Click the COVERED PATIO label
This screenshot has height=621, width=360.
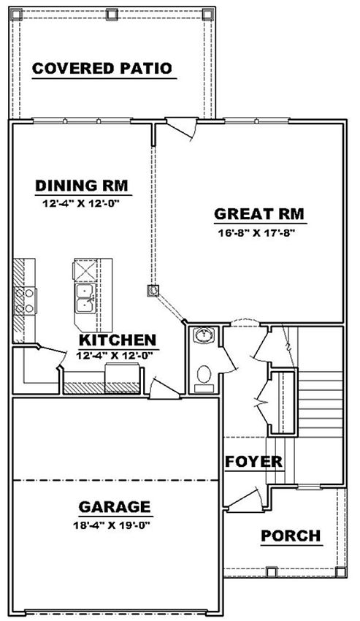pos(102,69)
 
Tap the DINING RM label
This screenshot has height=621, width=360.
pos(82,186)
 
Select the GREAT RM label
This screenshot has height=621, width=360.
pos(259,214)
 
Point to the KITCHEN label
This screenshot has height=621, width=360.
pos(118,340)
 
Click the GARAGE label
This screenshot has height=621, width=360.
pos(115,507)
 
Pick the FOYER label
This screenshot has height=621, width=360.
pos(254,462)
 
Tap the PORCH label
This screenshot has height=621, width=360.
pos(291,536)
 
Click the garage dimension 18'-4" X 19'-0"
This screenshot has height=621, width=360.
pos(113,525)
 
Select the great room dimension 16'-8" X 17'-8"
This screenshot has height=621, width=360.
pos(258,233)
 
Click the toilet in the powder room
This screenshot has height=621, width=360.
pos(204,377)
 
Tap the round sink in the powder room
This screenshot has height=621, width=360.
pos(204,335)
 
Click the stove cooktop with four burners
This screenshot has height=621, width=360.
pos(24,301)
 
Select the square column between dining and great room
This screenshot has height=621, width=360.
pos(153,291)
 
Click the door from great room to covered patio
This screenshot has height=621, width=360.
pos(182,126)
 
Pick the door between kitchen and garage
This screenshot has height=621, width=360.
pos(165,389)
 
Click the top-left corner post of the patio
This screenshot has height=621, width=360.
pos(16,15)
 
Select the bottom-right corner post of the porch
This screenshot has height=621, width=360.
pos(340,572)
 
